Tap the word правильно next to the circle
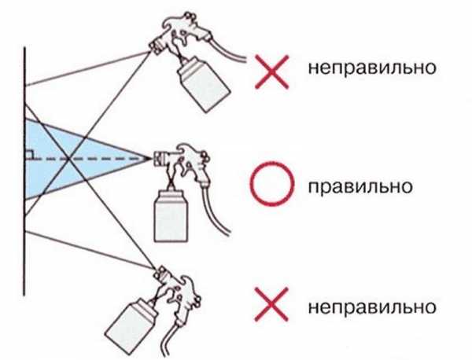tap(361, 188)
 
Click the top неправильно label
tap(373, 68)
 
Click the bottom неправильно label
tap(373, 303)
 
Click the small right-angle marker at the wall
tap(29, 153)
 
